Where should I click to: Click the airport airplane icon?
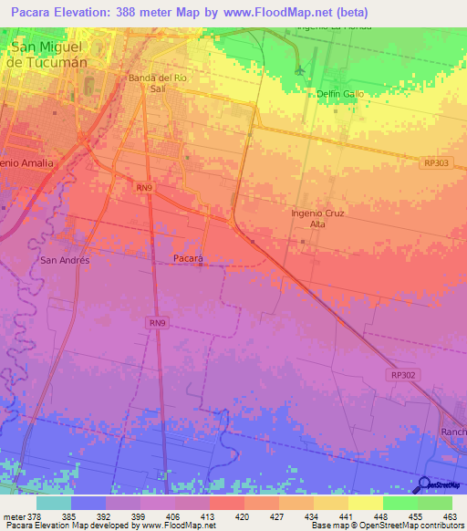[300, 70]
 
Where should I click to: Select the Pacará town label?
[188, 259]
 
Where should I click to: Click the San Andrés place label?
[66, 260]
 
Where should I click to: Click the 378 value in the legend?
[33, 515]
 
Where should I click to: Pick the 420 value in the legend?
[243, 515]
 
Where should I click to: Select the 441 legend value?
[347, 515]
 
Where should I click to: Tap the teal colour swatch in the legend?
[54, 503]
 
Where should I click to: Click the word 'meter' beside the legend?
[12, 515]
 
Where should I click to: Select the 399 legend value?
[139, 515]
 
